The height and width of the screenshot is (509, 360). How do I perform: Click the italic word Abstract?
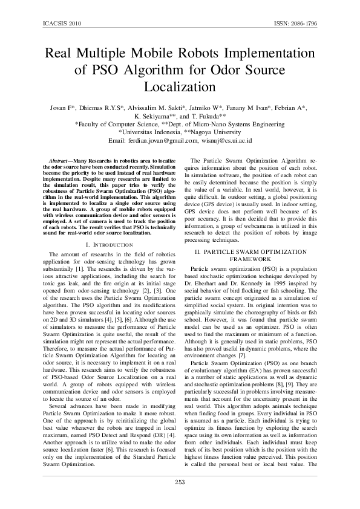coord(59,161)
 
